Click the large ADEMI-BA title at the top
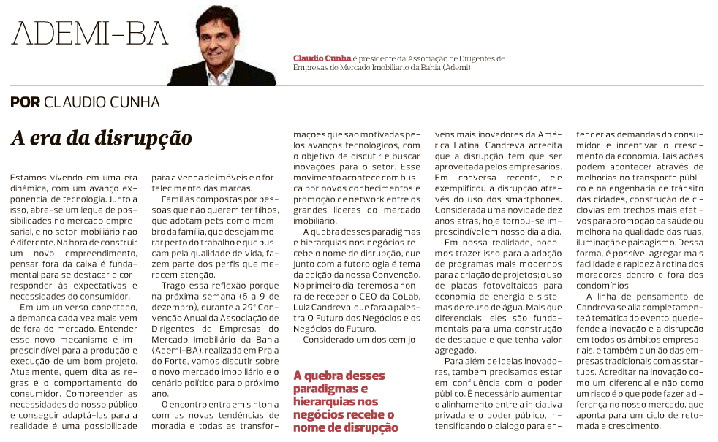coord(89,34)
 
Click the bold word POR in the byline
coord(25,102)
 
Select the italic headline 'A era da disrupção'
coord(101,137)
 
